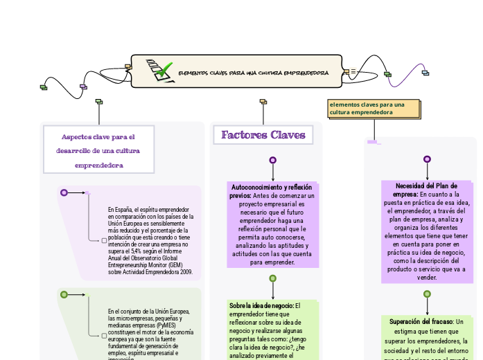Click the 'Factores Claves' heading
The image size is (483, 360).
263,135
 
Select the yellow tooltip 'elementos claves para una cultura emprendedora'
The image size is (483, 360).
374,108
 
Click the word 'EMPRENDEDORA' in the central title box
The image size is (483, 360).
306,72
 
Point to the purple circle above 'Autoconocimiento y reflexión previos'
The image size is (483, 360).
273,160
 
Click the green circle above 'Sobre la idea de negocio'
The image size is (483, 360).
273,278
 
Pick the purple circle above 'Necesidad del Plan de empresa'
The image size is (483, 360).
427,159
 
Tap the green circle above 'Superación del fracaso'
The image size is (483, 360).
427,294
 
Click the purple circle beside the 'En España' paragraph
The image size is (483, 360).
64,192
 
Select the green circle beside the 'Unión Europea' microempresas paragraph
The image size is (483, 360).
64,294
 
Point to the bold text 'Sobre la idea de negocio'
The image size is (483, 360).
261,305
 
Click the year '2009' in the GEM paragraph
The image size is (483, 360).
185,272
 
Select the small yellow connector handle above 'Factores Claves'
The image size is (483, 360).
263,102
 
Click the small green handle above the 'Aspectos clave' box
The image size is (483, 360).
99,102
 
